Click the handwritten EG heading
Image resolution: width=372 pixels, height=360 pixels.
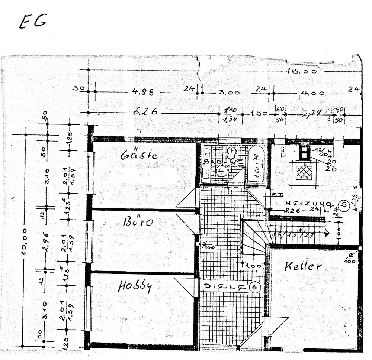[33, 22]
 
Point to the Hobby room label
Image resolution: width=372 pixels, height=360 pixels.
[135, 286]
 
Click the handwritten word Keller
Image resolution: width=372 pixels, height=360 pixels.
[303, 266]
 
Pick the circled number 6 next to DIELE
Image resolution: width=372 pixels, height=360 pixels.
[255, 287]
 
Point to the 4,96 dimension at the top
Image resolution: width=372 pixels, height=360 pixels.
[143, 92]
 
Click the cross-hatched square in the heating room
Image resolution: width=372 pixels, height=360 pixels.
[304, 172]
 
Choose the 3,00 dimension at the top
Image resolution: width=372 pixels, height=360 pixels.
[229, 93]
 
